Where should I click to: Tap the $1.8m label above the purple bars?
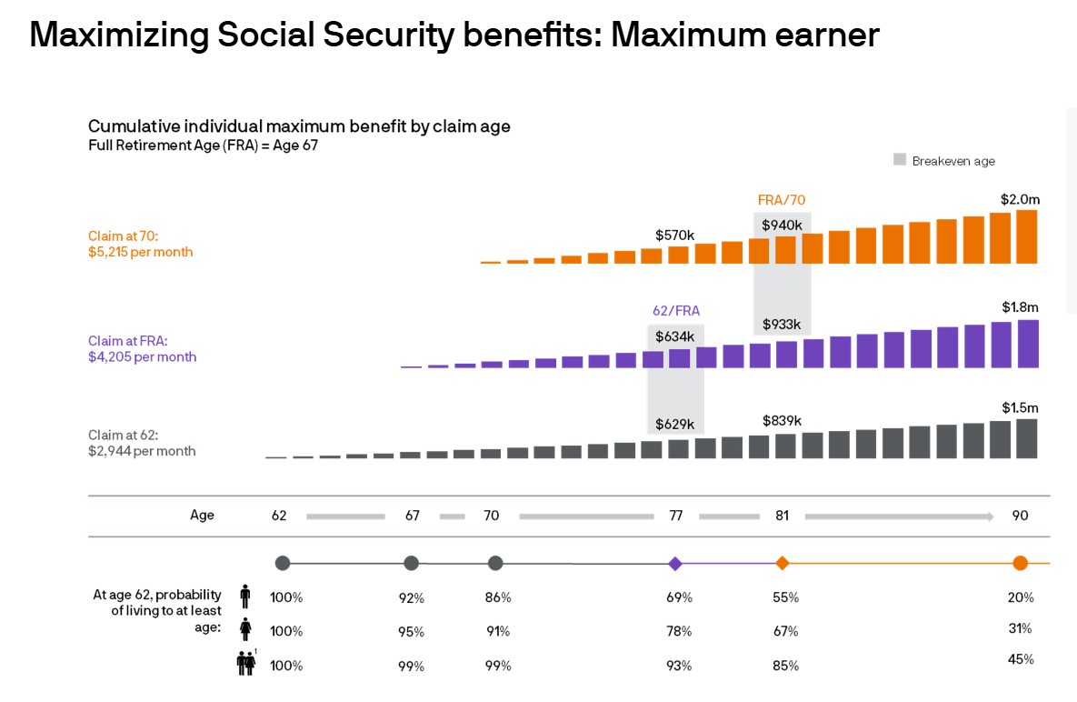point(1020,307)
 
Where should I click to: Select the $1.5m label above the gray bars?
point(1020,407)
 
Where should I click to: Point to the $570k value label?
point(674,235)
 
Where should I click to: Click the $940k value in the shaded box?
point(782,225)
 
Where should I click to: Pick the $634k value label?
point(674,336)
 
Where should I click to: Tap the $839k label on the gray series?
point(782,420)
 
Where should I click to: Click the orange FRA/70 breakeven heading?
point(782,199)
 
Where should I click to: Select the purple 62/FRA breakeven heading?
point(676,310)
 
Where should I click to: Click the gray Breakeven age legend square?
point(900,160)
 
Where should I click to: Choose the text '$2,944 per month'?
point(142,450)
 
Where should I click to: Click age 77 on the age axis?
point(675,516)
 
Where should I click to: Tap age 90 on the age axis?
point(1021,516)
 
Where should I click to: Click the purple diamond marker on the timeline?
point(675,564)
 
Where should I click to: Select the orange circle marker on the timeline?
point(1021,563)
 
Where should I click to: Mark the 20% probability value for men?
point(1021,597)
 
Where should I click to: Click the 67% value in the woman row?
point(786,631)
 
